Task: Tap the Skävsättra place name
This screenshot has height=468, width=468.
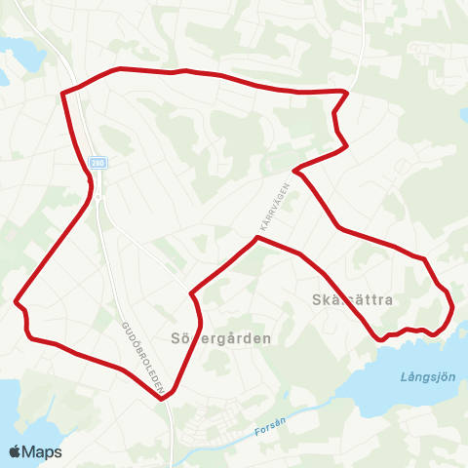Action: [x=353, y=300]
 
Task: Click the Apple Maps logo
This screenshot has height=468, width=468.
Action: [x=36, y=451]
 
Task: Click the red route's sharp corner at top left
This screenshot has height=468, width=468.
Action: [x=63, y=94]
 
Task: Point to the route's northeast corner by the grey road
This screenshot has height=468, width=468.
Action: [x=345, y=92]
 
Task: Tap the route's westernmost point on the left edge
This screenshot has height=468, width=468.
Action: [x=17, y=301]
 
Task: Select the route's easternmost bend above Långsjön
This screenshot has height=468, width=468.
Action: [x=453, y=310]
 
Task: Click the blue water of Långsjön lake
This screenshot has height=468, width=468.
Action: [x=390, y=390]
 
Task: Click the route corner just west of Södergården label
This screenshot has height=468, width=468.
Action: [x=191, y=292]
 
